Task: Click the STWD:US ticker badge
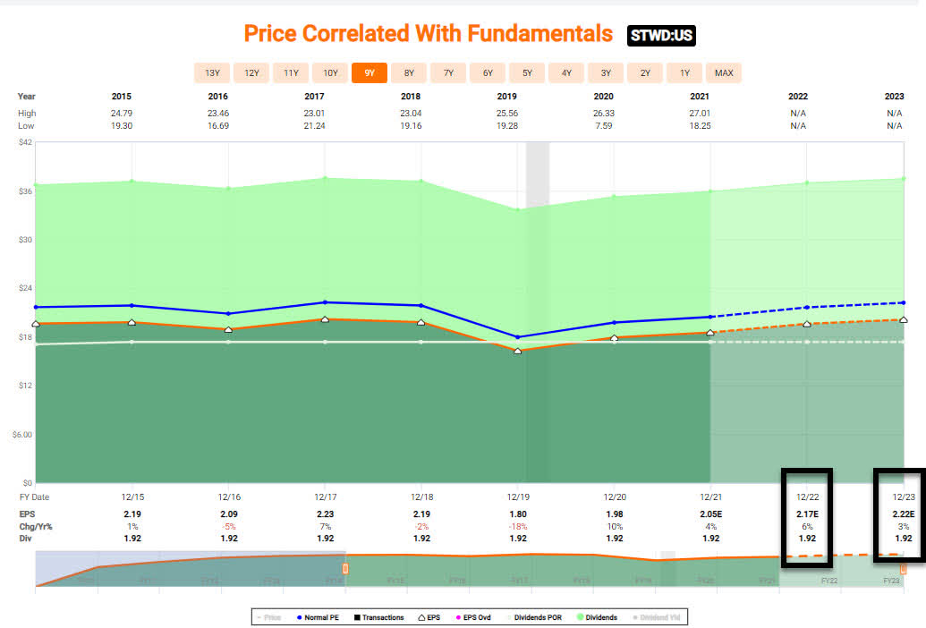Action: click(x=661, y=35)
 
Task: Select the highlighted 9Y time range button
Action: click(x=370, y=72)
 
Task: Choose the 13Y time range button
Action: click(x=212, y=72)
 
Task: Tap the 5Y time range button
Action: click(x=527, y=72)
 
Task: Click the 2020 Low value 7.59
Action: click(x=614, y=126)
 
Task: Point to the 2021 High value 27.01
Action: click(x=710, y=114)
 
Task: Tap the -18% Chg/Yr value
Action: click(x=517, y=528)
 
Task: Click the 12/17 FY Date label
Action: click(x=325, y=496)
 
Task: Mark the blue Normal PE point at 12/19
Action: click(x=517, y=337)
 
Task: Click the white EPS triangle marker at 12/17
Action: click(x=325, y=318)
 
